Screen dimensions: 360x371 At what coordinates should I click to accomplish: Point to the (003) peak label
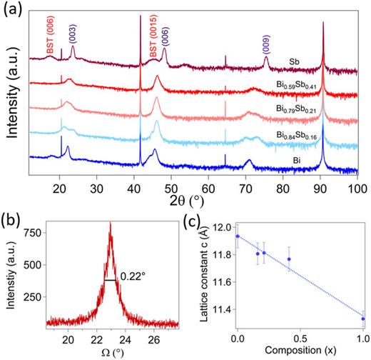coord(73,36)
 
